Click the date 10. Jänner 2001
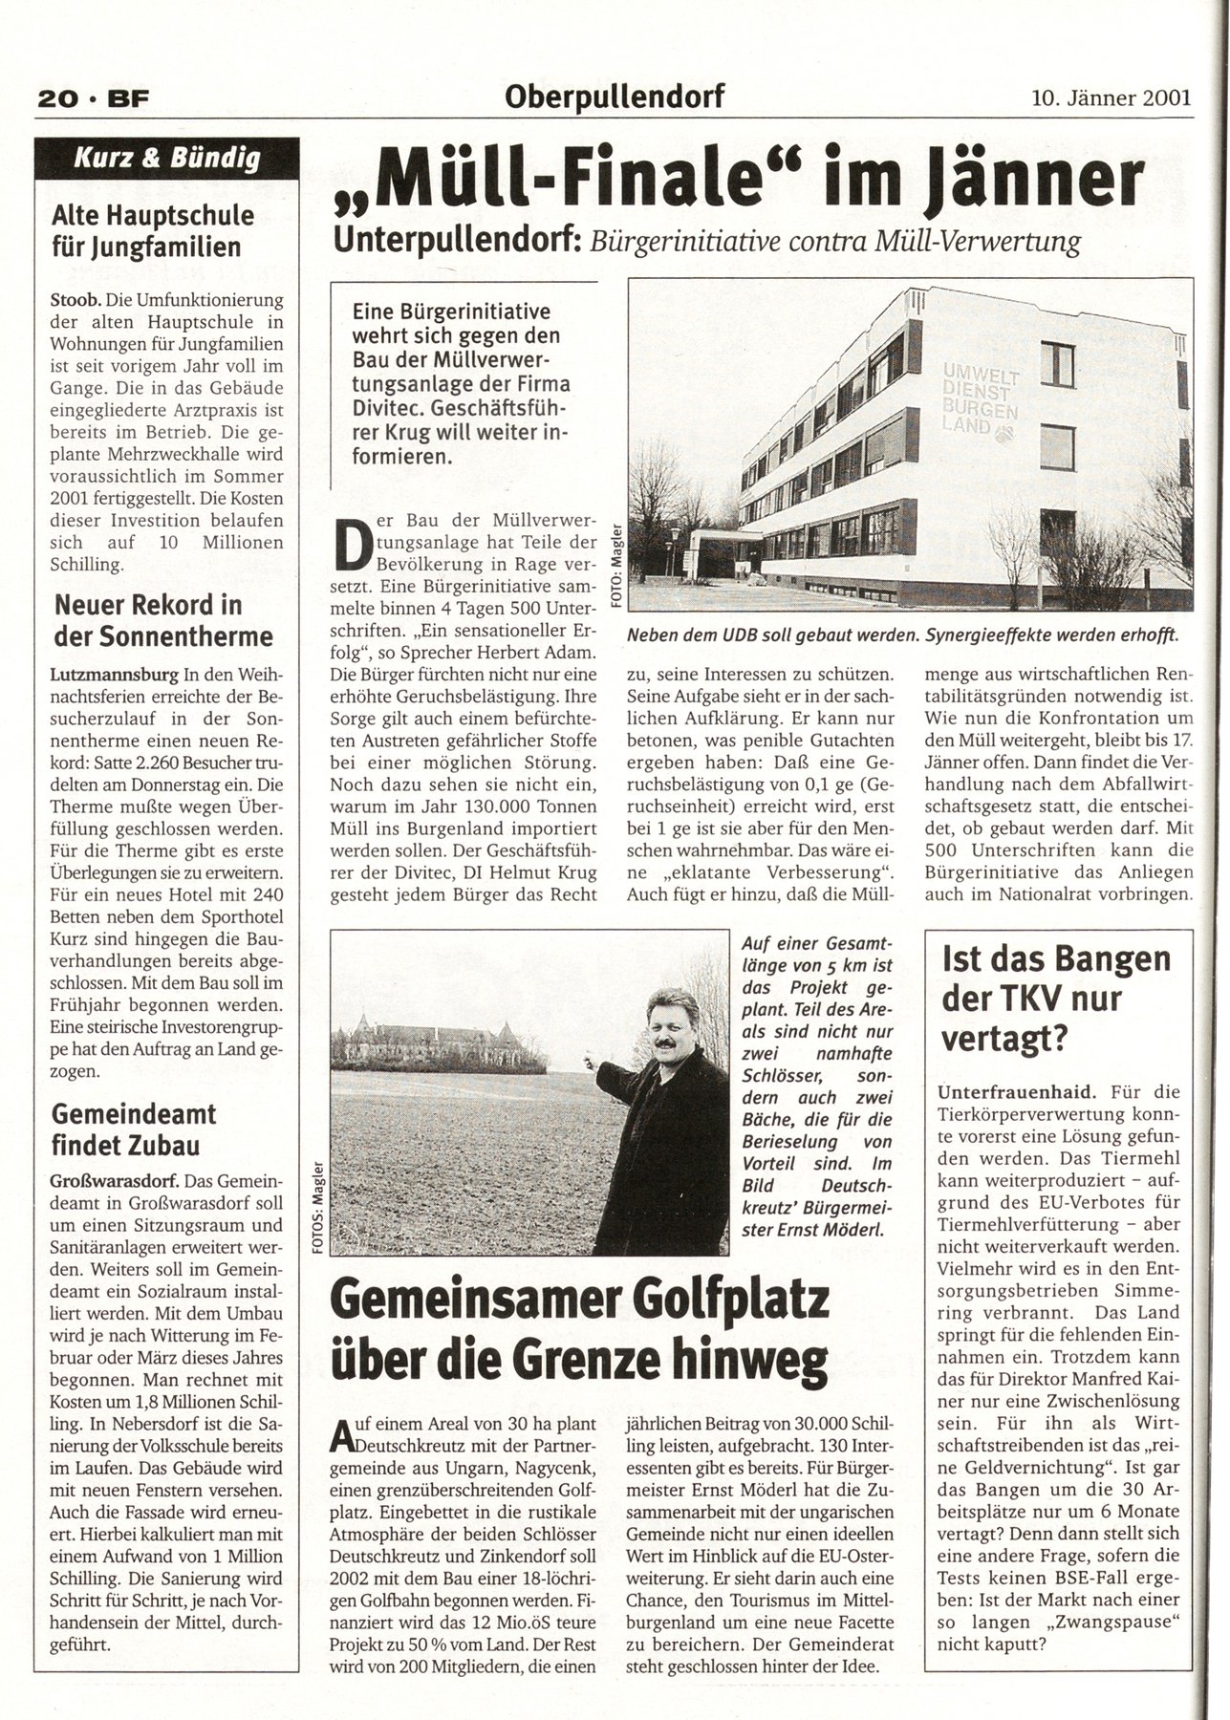[x=1111, y=97]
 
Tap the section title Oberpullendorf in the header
[x=616, y=96]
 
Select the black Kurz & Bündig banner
[x=167, y=159]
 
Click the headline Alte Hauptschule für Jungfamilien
[x=153, y=231]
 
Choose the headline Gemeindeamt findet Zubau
[x=134, y=1129]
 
